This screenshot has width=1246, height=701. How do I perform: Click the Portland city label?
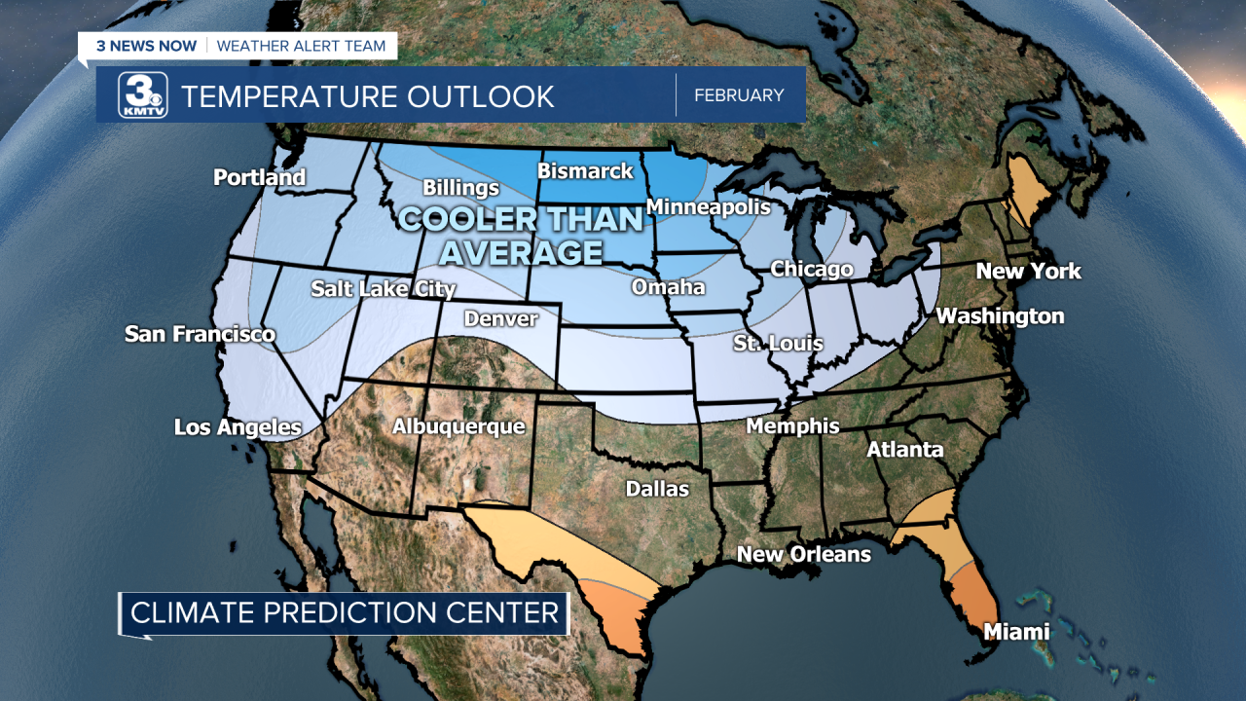pyautogui.click(x=259, y=177)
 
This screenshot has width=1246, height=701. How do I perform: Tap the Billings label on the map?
pyautogui.click(x=460, y=188)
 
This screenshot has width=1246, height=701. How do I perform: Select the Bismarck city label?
pyautogui.click(x=585, y=171)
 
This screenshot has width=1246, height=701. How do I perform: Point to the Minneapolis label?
pyautogui.click(x=708, y=206)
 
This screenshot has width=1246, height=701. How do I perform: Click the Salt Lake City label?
pyautogui.click(x=383, y=288)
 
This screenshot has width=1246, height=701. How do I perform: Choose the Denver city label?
pyautogui.click(x=500, y=318)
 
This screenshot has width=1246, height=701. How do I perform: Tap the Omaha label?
pyautogui.click(x=668, y=286)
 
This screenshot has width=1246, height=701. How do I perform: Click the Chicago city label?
pyautogui.click(x=811, y=269)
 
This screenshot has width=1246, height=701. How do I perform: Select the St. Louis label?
pyautogui.click(x=778, y=343)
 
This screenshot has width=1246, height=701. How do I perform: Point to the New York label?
pyautogui.click(x=1028, y=271)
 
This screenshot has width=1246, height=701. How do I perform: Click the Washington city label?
pyautogui.click(x=1000, y=315)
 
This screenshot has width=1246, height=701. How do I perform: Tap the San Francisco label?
pyautogui.click(x=200, y=334)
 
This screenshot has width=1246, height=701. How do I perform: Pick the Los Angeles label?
pyautogui.click(x=238, y=426)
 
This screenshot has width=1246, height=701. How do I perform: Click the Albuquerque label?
pyautogui.click(x=458, y=426)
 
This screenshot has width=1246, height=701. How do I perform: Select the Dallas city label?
pyautogui.click(x=657, y=488)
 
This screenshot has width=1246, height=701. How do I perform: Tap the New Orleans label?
pyautogui.click(x=803, y=554)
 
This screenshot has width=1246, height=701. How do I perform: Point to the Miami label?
pyautogui.click(x=1016, y=632)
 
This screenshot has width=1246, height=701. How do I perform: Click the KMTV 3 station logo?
pyautogui.click(x=143, y=95)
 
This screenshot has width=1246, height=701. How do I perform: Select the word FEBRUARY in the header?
pyautogui.click(x=739, y=95)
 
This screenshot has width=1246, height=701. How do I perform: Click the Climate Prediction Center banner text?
pyautogui.click(x=345, y=612)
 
